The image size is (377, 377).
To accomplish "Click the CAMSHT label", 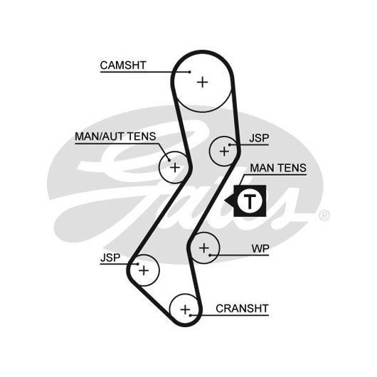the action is pyautogui.click(x=123, y=65).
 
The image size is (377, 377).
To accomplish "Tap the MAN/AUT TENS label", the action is pyautogui.click(x=115, y=137).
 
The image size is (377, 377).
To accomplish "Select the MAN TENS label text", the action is pyautogui.click(x=278, y=168).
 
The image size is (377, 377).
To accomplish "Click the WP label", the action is pyautogui.click(x=260, y=249).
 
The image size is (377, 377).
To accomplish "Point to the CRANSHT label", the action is pyautogui.click(x=242, y=309).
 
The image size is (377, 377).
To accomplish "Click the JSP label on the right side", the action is pyautogui.click(x=259, y=138).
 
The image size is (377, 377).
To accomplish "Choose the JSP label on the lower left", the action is pyautogui.click(x=110, y=257).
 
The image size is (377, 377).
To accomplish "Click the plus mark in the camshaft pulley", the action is pyautogui.click(x=203, y=83).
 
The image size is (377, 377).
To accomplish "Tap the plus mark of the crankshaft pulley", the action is pyautogui.click(x=185, y=309).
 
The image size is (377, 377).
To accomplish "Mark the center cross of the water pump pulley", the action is pyautogui.click(x=204, y=248).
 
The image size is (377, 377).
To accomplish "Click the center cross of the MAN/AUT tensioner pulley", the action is pyautogui.click(x=175, y=167).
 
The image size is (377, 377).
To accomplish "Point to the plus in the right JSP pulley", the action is pyautogui.click(x=224, y=152).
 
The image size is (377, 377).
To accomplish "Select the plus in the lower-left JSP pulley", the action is pyautogui.click(x=144, y=271).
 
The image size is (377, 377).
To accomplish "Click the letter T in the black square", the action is pyautogui.click(x=250, y=201).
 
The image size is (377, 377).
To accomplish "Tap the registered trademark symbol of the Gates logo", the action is pyautogui.click(x=324, y=216).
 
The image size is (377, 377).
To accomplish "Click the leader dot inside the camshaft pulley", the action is pyautogui.click(x=190, y=72).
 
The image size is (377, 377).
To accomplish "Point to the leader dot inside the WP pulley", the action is pyautogui.click(x=210, y=255).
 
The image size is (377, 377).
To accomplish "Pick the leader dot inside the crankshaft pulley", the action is pyautogui.click(x=190, y=315).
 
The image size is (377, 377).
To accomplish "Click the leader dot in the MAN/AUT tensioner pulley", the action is pyautogui.click(x=169, y=160).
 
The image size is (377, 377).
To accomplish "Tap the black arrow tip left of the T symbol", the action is pyautogui.click(x=225, y=201).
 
